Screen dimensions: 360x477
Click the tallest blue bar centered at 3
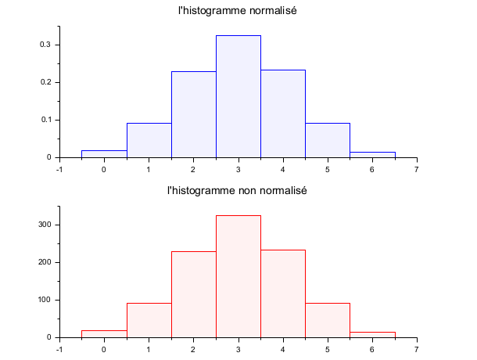click(x=238, y=96)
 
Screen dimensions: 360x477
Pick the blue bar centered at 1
click(x=149, y=140)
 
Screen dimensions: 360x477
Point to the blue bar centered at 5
click(x=328, y=140)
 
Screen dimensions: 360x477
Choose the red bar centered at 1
click(x=149, y=320)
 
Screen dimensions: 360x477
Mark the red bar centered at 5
click(x=328, y=320)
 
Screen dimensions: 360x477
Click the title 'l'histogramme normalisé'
click(x=238, y=11)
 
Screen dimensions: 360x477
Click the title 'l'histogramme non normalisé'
click(x=238, y=191)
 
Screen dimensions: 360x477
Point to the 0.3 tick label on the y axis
click(x=45, y=45)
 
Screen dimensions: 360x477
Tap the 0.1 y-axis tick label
click(x=45, y=120)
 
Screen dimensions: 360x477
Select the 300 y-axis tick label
click(x=44, y=225)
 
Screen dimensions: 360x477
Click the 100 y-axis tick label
click(x=44, y=300)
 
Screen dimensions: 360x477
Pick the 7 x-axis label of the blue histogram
click(x=417, y=169)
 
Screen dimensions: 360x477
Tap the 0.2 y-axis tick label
click(x=45, y=82)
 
